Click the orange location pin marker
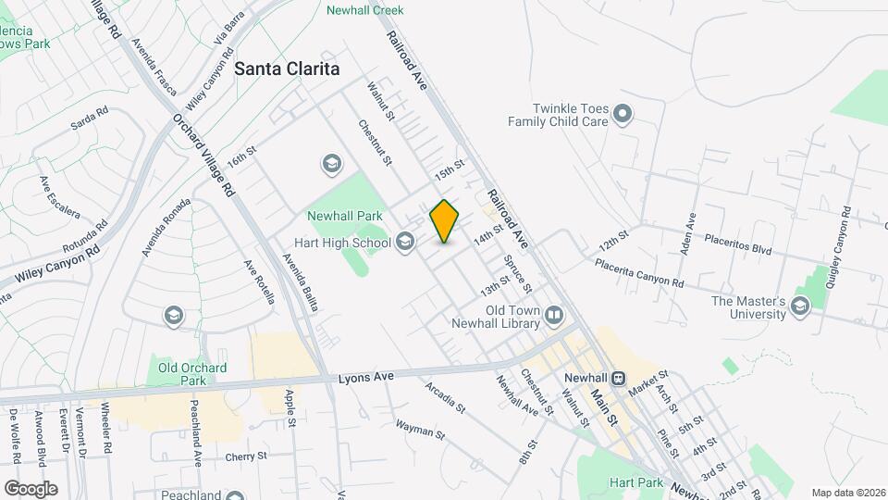tap(444, 221)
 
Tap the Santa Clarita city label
tap(287, 69)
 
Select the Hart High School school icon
tap(404, 244)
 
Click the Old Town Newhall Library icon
tap(554, 316)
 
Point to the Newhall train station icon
tap(617, 379)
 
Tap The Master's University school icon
tap(800, 308)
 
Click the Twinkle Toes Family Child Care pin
tap(623, 115)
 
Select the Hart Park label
tap(635, 482)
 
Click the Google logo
tap(31, 489)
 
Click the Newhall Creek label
tap(365, 10)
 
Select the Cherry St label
tap(246, 456)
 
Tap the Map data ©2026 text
tap(847, 493)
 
